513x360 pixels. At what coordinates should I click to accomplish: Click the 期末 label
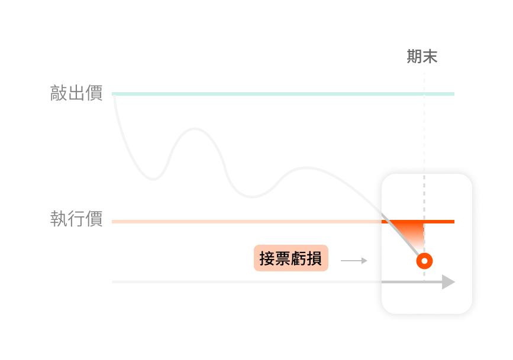tap(422, 57)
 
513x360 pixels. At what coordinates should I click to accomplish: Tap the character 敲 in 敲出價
tap(59, 93)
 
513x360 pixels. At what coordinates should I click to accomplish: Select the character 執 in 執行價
tap(59, 218)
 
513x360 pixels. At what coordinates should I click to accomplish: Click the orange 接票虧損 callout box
tap(291, 258)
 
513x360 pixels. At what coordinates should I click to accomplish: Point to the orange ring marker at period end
tap(424, 261)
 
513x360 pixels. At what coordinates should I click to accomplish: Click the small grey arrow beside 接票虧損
tap(354, 261)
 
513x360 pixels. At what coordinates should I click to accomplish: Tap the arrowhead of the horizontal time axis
tap(449, 282)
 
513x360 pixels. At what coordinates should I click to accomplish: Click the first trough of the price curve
tap(153, 180)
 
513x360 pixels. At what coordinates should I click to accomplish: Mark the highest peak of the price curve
tap(195, 128)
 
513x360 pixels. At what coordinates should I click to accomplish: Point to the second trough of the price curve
tap(251, 197)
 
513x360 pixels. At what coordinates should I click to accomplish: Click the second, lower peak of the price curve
tap(306, 168)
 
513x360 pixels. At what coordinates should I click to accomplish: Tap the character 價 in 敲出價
tap(94, 93)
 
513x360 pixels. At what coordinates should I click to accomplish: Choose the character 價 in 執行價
tap(94, 218)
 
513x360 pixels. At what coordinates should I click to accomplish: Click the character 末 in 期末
tap(430, 57)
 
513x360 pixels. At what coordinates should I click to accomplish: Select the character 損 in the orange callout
tap(314, 258)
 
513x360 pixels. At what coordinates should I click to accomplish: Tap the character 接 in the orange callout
tap(267, 258)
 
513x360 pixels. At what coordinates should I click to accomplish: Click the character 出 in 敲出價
tap(76, 93)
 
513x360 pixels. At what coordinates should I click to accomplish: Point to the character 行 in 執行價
tap(76, 218)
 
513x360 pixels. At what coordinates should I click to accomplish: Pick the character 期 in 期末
tap(414, 57)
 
